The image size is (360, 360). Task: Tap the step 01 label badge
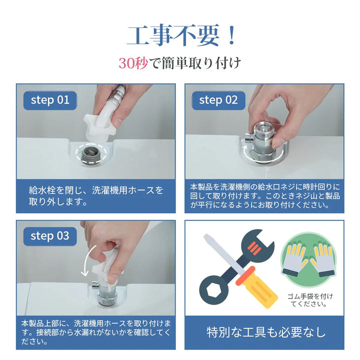pos(50,99)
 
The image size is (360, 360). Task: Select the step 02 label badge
pos(218,99)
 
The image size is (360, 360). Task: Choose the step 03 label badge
pos(50,235)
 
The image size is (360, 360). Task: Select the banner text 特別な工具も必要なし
pos(266,332)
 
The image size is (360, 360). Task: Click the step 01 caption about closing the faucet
pos(95,196)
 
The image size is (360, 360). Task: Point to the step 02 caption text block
pos(265,195)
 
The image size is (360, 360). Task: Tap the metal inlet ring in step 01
pos(93,152)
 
